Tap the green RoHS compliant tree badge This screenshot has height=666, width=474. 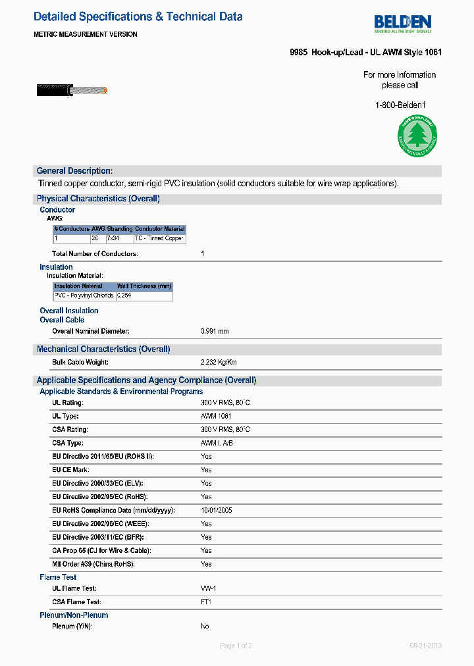click(415, 136)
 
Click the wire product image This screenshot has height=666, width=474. click(72, 91)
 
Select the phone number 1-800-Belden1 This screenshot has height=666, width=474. click(400, 105)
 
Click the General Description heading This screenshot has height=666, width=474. click(74, 171)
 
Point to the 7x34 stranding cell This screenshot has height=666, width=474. click(113, 238)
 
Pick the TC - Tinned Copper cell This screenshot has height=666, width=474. click(159, 238)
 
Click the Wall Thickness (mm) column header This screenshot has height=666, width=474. click(144, 286)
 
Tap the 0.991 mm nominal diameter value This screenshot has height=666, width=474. click(215, 331)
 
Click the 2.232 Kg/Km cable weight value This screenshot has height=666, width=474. click(219, 363)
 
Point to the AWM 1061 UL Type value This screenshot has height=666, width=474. click(217, 417)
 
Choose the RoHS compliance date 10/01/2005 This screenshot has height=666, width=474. click(216, 510)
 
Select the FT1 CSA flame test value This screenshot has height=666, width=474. click(206, 602)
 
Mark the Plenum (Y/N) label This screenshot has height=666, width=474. click(72, 626)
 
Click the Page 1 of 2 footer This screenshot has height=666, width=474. click(236, 646)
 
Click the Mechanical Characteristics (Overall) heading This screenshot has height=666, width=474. click(103, 349)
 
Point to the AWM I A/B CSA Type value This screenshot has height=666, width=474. click(217, 443)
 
